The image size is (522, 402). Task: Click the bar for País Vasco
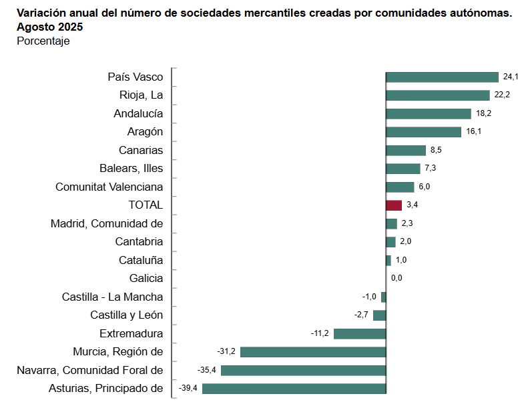442,77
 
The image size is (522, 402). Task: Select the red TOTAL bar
394,205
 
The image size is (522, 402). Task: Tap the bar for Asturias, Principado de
294,388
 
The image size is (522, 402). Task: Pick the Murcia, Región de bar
313,351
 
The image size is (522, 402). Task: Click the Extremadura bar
360,333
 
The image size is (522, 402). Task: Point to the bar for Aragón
423,132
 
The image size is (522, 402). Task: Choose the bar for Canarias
406,150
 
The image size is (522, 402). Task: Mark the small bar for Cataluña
388,260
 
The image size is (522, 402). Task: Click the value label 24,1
511,77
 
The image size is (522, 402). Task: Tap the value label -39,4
188,388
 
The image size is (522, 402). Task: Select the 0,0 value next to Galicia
397,278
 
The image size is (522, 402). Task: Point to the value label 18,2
483,114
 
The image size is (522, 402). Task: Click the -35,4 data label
207,370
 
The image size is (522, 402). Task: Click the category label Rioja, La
141,95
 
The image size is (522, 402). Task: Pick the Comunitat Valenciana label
109,187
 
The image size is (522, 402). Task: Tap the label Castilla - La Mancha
112,297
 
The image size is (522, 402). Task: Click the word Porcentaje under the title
43,41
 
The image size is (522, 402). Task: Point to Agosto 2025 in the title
50,27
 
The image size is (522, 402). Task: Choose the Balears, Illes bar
403,169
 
